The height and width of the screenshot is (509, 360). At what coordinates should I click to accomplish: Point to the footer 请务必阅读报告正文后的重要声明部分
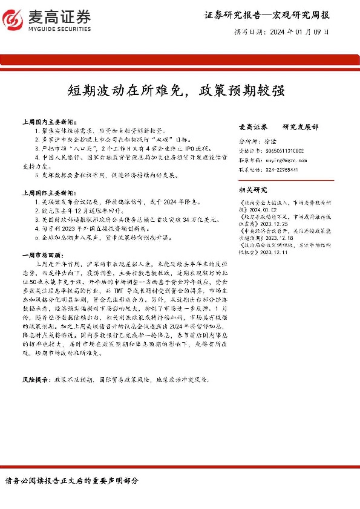(71, 481)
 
